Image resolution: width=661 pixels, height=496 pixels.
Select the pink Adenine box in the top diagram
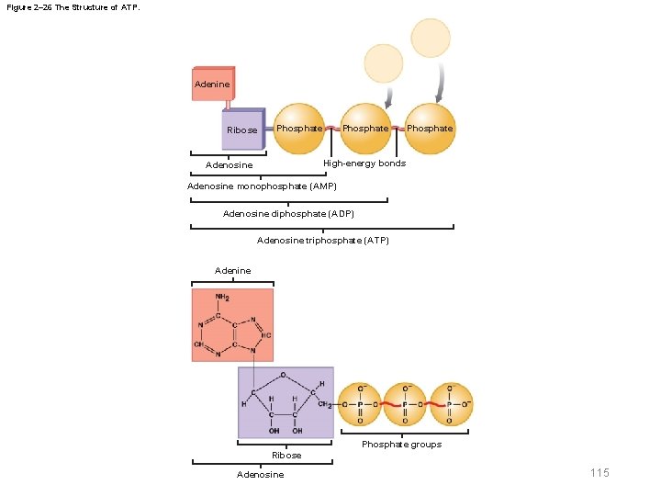213,84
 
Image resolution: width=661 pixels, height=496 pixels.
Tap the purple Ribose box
243,130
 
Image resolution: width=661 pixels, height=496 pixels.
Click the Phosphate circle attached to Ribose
299,129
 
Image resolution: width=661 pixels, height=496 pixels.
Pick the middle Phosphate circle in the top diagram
365,129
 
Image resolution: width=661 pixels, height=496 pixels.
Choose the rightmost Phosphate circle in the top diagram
430,129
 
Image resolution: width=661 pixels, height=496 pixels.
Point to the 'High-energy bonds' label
364,163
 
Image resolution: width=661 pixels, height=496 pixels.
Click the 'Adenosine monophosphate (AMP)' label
262,186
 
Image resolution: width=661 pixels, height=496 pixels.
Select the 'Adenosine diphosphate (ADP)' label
288,214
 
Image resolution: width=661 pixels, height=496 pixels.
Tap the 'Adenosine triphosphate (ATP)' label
323,241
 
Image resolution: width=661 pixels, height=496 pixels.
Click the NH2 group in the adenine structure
222,299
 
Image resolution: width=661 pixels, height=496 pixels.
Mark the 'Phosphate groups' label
401,445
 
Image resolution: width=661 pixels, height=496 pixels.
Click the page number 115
599,472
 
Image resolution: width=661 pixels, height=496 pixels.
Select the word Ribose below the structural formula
286,456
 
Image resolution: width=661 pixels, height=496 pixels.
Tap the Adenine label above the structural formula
232,271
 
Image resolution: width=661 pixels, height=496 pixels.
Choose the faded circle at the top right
431,38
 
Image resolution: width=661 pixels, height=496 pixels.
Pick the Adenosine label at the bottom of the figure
261,475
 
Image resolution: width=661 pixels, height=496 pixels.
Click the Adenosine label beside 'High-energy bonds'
230,165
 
